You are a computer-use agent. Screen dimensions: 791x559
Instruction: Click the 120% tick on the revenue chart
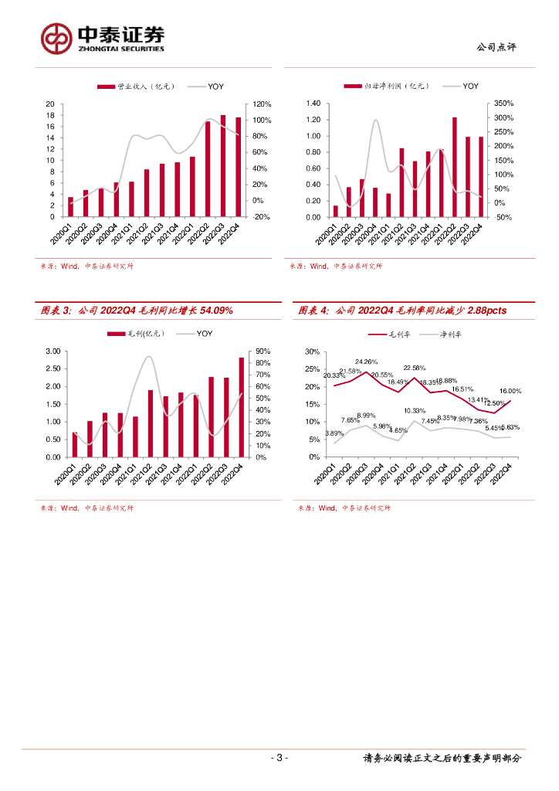(x=257, y=104)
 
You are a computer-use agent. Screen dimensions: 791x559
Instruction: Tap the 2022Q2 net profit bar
(x=455, y=167)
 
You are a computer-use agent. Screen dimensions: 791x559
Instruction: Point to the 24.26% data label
(x=366, y=362)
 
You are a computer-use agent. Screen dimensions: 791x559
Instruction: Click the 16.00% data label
(x=510, y=392)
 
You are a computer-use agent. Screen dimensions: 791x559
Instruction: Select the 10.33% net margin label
(x=415, y=411)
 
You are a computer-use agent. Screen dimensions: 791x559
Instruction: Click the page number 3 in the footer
(x=279, y=758)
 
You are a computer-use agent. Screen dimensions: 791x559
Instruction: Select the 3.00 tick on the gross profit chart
(x=53, y=351)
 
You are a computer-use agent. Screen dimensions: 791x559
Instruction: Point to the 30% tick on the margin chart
(x=313, y=351)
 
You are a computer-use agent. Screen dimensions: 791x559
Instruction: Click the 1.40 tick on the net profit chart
(x=313, y=104)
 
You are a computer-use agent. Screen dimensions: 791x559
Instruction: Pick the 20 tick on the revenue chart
(x=50, y=104)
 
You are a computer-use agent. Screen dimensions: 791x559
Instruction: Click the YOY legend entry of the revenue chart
(x=208, y=86)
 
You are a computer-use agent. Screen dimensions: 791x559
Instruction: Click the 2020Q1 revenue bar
(x=71, y=207)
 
